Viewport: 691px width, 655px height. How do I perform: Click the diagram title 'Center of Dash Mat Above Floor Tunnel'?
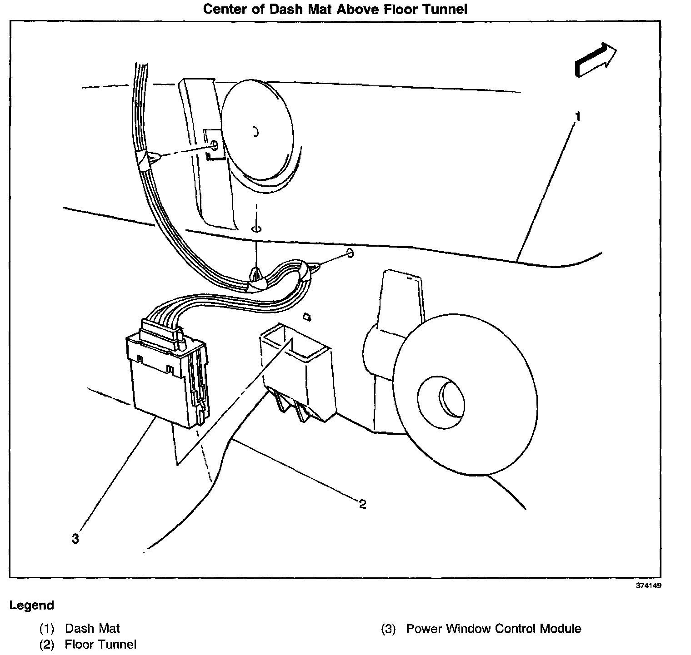[x=335, y=9]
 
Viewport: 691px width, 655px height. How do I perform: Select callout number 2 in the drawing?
[x=362, y=504]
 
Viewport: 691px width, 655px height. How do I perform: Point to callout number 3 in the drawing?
[x=75, y=539]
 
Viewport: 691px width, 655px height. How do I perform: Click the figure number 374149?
[x=648, y=586]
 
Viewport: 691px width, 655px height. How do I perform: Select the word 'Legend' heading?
[x=32, y=605]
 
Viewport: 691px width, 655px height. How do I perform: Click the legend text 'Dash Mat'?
[x=92, y=629]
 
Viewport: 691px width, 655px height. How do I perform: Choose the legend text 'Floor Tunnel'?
[x=100, y=644]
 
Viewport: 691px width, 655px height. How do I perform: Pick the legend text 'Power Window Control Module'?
[x=493, y=629]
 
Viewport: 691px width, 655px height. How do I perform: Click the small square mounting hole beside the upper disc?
[x=212, y=145]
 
